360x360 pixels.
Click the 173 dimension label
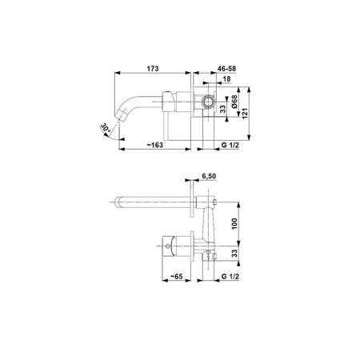tap(153, 69)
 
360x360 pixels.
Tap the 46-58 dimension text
tap(226, 69)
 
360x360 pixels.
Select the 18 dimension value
tap(226, 79)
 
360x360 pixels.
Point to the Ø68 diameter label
tap(234, 102)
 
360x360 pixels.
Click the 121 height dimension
tap(245, 114)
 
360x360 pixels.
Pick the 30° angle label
tap(106, 128)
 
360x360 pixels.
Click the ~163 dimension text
tap(155, 145)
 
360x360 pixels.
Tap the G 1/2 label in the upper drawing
tap(230, 145)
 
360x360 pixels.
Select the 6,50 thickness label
tap(209, 176)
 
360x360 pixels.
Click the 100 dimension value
tap(234, 223)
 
